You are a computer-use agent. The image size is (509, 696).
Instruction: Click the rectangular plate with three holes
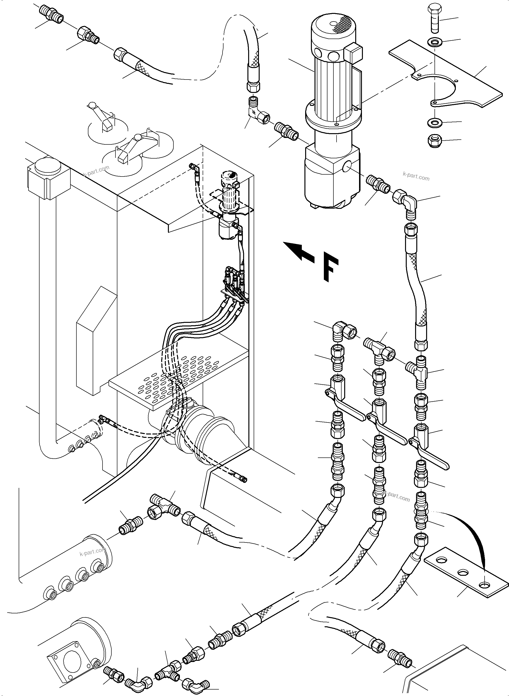point(467,572)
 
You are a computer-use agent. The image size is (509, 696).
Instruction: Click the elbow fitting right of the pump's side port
point(406,202)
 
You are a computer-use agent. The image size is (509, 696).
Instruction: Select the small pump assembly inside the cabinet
point(228,206)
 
